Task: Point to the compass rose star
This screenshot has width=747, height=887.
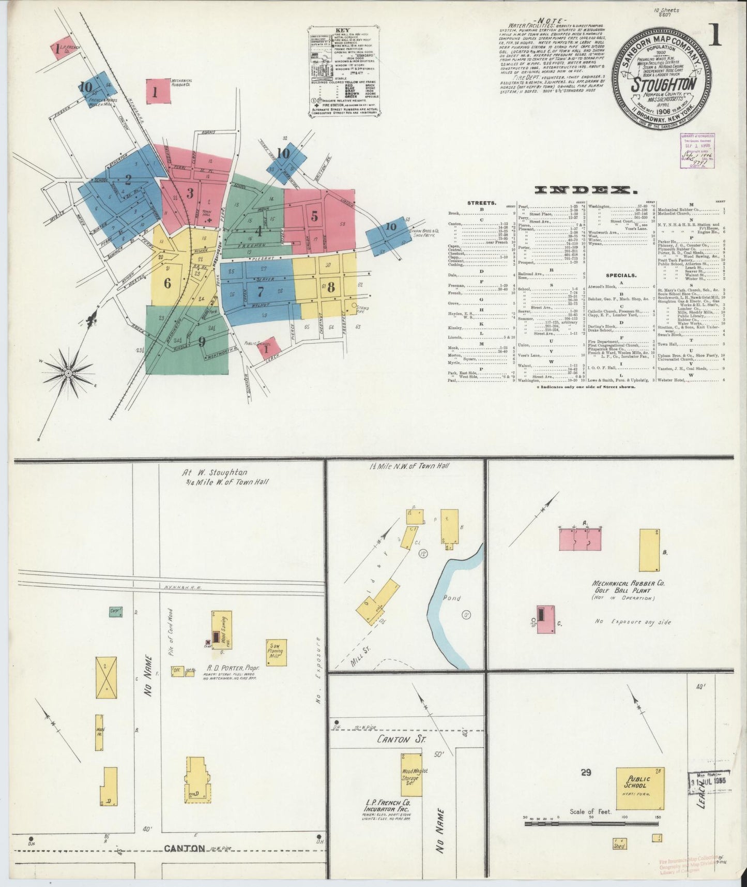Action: point(68,372)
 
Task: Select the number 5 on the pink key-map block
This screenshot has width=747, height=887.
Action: point(314,216)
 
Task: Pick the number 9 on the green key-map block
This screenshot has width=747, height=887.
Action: point(202,342)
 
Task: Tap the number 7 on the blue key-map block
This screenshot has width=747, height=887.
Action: point(261,291)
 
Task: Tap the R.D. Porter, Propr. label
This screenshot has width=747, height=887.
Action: point(233,668)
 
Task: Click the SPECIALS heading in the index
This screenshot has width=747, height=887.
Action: point(621,275)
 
